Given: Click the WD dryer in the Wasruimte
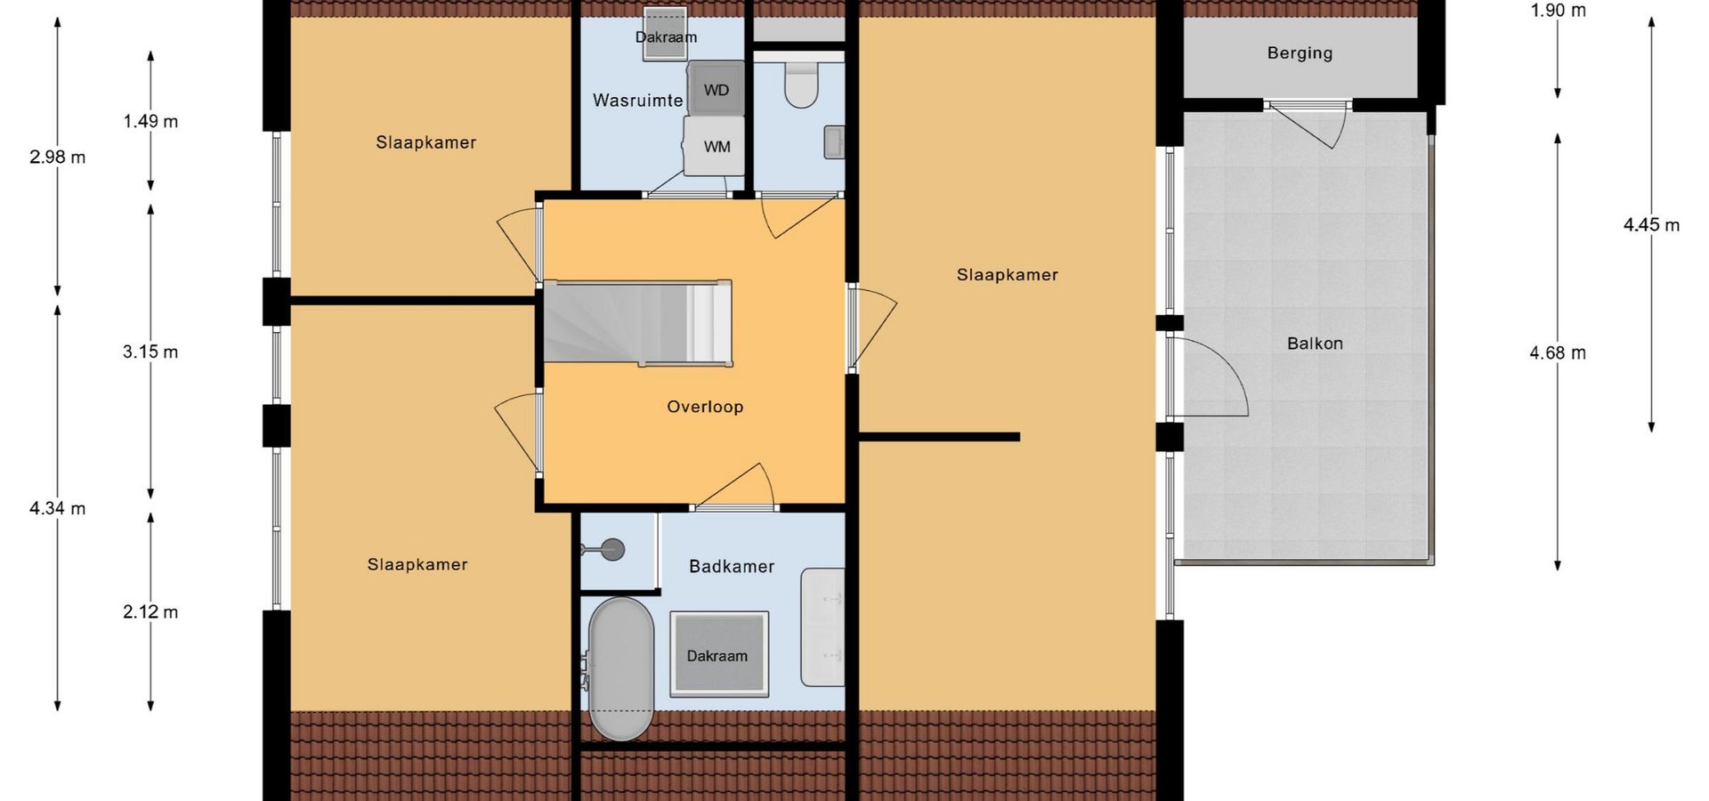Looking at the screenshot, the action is (x=716, y=88).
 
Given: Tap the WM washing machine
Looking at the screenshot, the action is (x=714, y=146).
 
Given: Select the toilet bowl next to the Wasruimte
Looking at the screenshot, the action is (x=801, y=84).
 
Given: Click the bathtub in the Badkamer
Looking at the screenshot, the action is (x=621, y=668).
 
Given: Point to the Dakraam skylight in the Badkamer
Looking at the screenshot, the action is (x=718, y=655).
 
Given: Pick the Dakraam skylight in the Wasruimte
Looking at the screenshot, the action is (x=666, y=34).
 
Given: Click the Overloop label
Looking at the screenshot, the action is (x=705, y=407).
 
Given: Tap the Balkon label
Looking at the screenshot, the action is (x=1315, y=344).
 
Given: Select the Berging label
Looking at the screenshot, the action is (x=1300, y=53).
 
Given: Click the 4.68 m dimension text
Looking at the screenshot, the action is (x=1558, y=353).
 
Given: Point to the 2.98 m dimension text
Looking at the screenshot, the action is (x=58, y=158).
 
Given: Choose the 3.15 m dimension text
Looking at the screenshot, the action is (x=150, y=352).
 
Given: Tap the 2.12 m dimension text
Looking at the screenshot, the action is (x=150, y=612).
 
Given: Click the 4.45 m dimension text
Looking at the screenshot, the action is (x=1651, y=225).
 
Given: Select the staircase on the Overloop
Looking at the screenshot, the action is (x=637, y=322).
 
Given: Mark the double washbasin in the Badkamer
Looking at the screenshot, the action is (x=822, y=627).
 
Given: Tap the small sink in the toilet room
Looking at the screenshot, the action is (x=834, y=142).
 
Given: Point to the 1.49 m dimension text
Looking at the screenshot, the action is (x=150, y=122).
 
